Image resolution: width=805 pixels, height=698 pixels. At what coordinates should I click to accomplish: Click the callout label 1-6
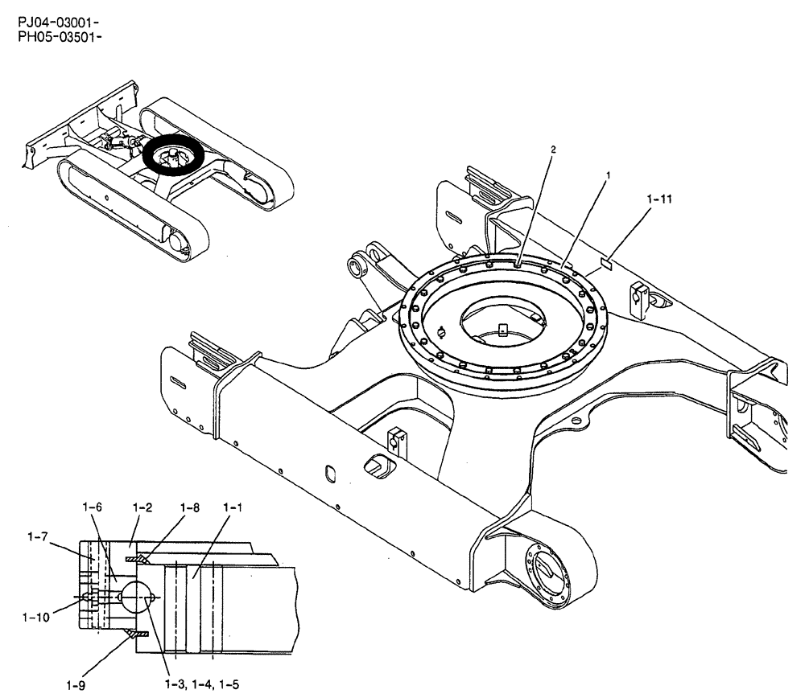93,508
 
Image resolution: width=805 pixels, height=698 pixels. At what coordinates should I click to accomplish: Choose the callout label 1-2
142,508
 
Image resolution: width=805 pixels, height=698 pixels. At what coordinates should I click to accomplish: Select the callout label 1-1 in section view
233,508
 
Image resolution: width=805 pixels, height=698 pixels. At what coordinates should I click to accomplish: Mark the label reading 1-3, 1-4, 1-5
200,684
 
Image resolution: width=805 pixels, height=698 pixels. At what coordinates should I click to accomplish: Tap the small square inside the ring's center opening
502,328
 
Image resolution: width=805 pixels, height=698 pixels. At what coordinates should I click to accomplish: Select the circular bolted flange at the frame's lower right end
546,571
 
